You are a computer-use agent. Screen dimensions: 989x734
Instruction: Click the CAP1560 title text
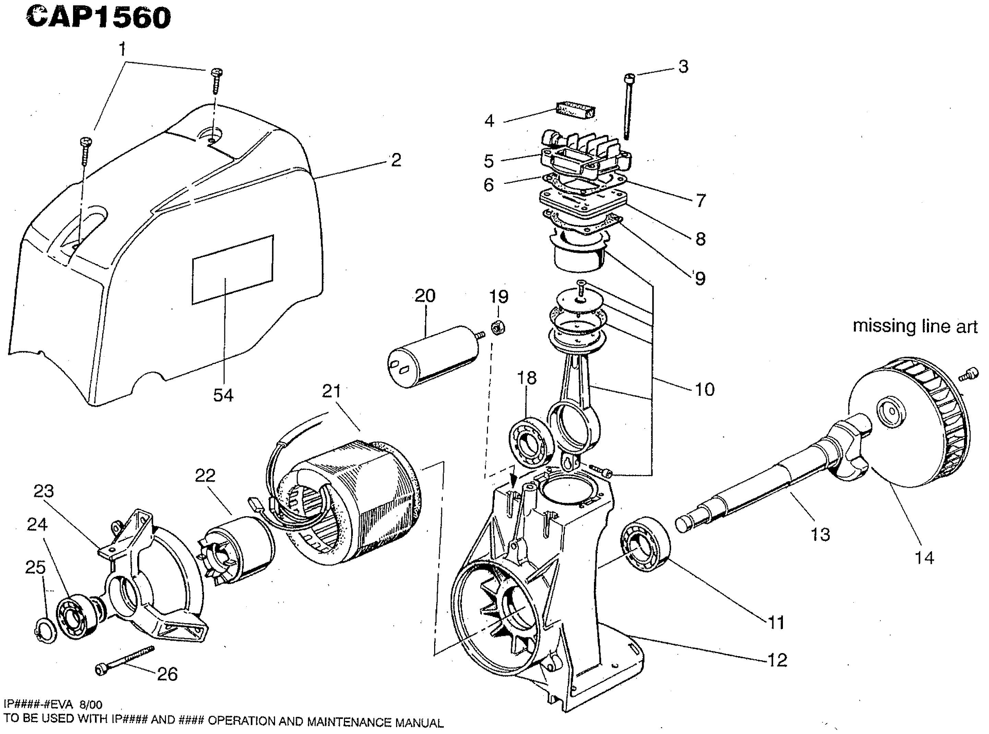click(98, 18)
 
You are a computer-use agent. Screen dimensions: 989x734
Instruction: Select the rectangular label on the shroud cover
click(233, 270)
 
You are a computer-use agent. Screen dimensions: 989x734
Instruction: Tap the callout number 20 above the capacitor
click(425, 296)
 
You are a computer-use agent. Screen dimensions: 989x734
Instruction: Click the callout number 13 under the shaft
click(820, 534)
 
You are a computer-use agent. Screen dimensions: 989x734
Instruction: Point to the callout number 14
click(925, 558)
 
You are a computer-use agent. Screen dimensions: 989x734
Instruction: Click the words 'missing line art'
click(915, 327)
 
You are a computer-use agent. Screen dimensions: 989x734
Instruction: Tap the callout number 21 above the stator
click(332, 391)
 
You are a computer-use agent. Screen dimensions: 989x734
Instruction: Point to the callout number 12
click(777, 660)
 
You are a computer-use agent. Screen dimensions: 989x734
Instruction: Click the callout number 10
click(704, 389)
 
